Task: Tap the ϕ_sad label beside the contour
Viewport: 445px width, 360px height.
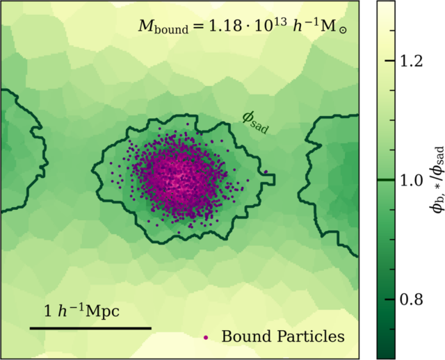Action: pyautogui.click(x=256, y=122)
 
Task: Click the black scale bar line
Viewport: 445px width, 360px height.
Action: pyautogui.click(x=90, y=327)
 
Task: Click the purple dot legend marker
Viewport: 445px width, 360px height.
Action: pyautogui.click(x=206, y=337)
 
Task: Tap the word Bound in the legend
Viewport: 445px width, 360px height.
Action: pyautogui.click(x=243, y=337)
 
